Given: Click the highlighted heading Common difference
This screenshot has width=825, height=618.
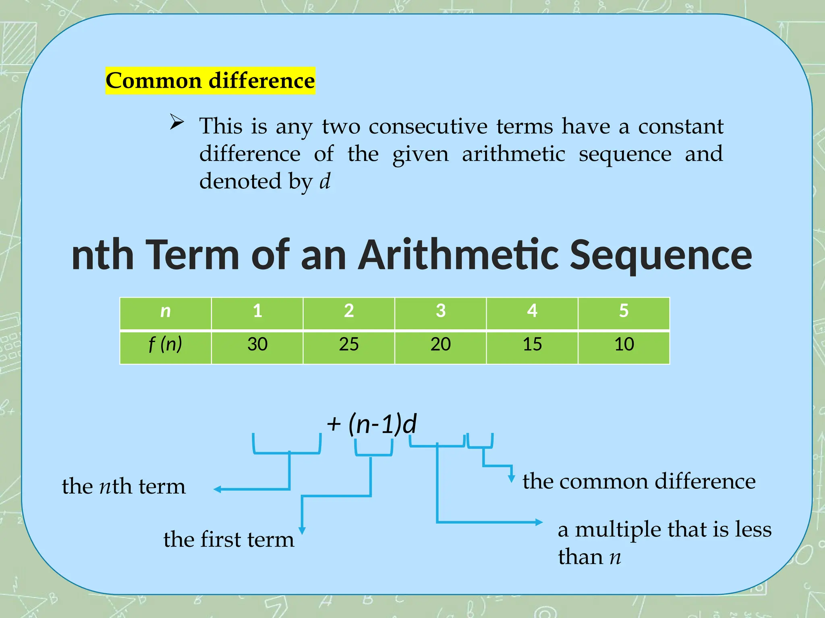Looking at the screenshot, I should pos(210,80).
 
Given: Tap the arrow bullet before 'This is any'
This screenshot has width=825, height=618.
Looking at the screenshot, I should pos(176,122).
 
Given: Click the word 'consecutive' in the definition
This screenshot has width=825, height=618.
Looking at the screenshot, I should pos(428,126).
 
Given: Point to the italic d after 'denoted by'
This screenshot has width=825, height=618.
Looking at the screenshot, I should pos(325,181).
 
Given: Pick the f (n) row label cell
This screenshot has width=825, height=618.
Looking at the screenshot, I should pos(166,345).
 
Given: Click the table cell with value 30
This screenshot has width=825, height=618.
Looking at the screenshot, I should pos(257,345).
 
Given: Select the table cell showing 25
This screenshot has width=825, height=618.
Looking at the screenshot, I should pos(348,345).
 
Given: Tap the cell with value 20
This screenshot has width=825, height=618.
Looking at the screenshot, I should pos(440,345).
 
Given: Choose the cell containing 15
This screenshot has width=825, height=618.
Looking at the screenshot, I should pos(532,345).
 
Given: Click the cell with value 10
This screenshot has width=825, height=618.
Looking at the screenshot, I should pos(624,345).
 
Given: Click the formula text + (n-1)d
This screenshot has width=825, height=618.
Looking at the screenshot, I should pos(371,424).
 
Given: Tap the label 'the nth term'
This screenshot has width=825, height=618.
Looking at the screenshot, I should pos(124,486).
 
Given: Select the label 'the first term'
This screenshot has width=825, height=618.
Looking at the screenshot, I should pos(228,540).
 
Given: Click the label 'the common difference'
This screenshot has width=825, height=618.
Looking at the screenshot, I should pos(639,481).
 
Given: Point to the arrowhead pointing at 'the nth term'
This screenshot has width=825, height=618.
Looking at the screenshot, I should pos(218,489).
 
